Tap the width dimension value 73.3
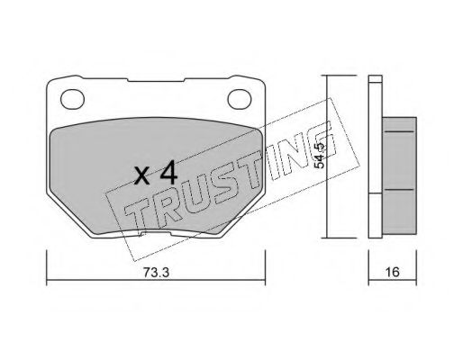tap(156, 273)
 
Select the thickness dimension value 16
tap(393, 272)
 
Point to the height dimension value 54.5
tap(320, 156)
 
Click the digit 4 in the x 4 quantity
tap(168, 172)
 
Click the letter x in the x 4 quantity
tap(142, 176)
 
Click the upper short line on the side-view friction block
tap(399, 131)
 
